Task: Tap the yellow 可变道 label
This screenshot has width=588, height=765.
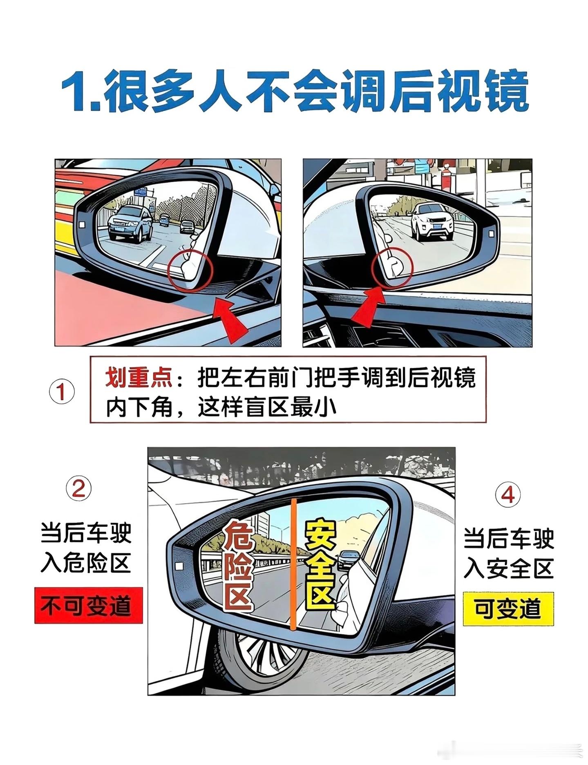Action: coord(508,609)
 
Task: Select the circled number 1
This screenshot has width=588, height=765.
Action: coord(62,392)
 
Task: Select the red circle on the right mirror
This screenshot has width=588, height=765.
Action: coord(393,268)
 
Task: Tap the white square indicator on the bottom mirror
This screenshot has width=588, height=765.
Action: coord(178,566)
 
